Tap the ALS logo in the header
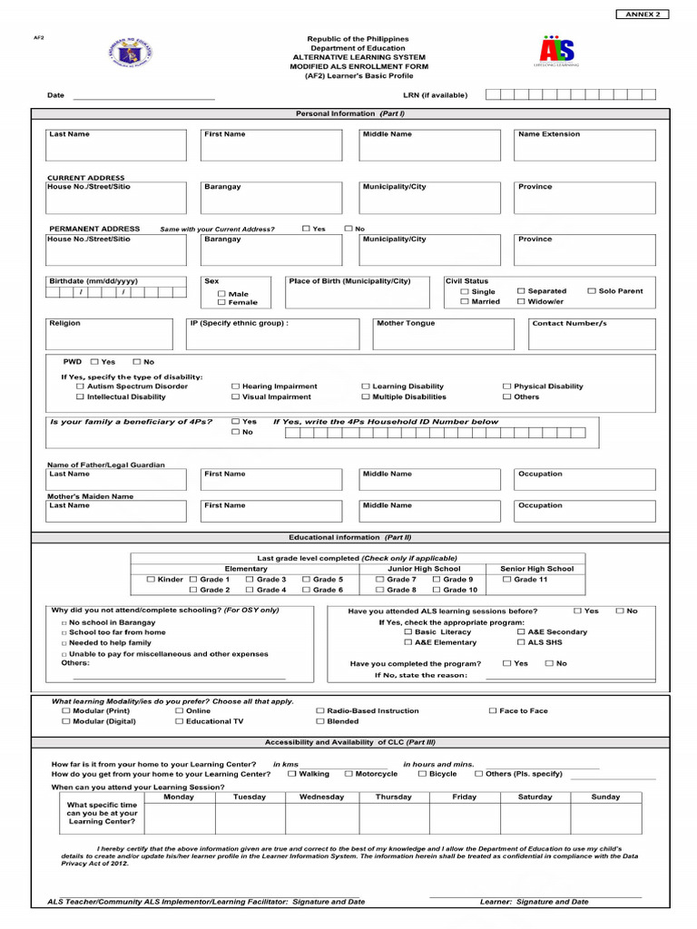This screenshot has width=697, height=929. click(557, 51)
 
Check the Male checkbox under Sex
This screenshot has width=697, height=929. click(221, 294)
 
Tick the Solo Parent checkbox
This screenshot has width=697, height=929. click(591, 291)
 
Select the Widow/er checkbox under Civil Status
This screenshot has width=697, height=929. click(521, 301)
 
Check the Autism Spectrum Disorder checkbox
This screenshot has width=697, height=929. click(80, 386)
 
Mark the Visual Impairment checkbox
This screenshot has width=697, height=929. click(235, 396)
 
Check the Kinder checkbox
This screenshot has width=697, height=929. click(151, 579)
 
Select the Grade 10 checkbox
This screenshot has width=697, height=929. click(437, 590)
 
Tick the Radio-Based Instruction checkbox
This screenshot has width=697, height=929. click(319, 711)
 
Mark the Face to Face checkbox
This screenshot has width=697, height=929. click(493, 711)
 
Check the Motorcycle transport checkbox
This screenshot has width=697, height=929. click(348, 774)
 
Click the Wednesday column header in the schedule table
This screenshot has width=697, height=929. click(321, 797)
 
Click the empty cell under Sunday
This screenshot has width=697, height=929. click(605, 817)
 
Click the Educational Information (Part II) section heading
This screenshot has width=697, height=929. click(349, 538)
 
